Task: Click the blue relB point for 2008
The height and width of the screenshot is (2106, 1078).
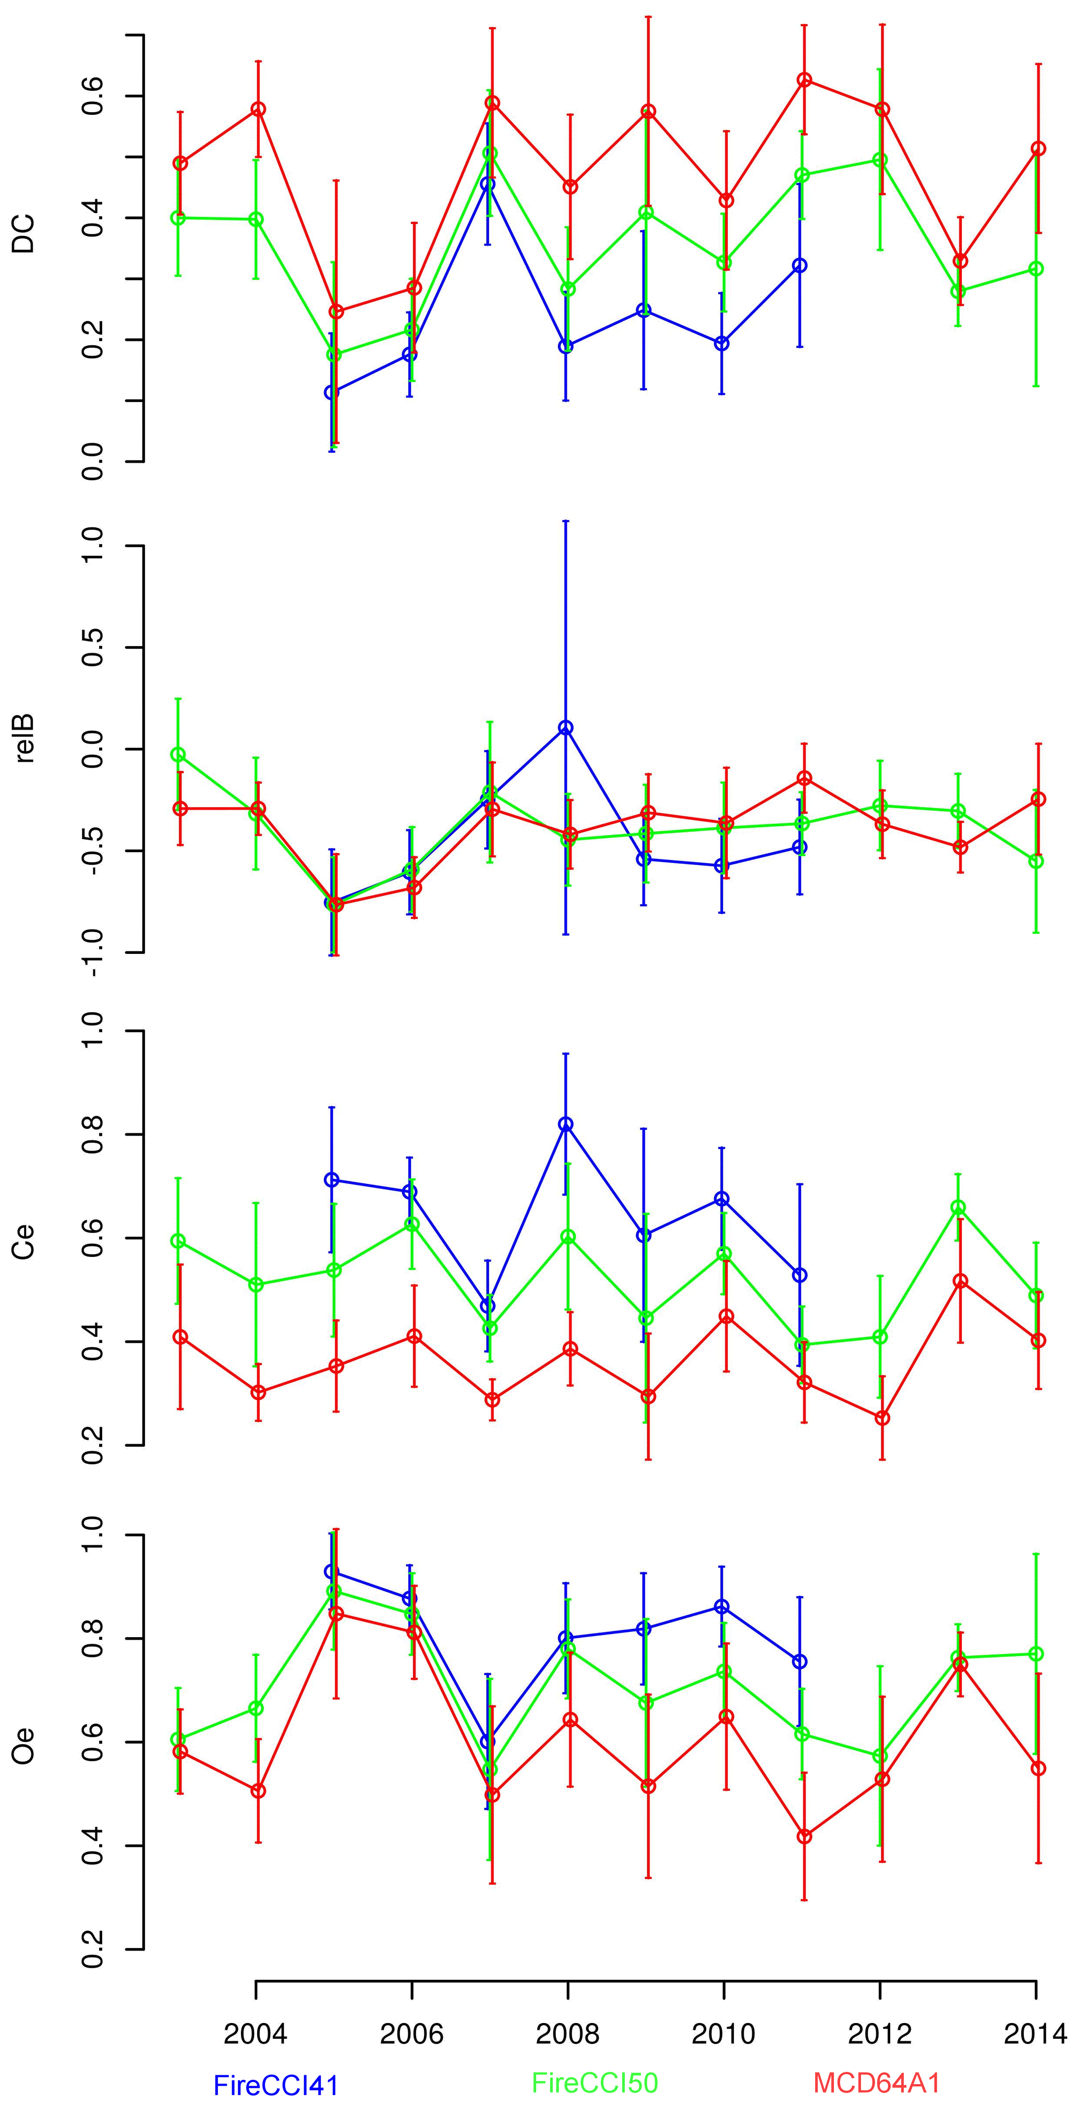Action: (565, 728)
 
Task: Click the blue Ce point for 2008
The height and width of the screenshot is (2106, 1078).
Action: (565, 1124)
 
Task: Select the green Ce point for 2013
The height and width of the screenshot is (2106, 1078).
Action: (958, 1207)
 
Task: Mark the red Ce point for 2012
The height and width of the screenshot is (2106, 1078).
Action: (882, 1418)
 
